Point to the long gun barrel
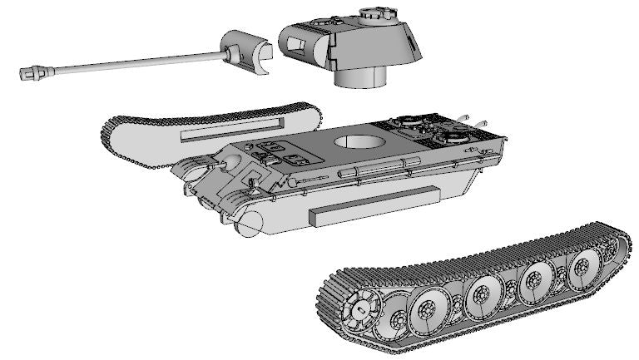[x=125, y=62]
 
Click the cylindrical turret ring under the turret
[x=360, y=77]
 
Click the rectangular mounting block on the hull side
[x=373, y=205]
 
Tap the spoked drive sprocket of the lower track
[x=362, y=310]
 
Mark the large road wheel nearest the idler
[x=581, y=268]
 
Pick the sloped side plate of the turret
[x=408, y=46]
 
